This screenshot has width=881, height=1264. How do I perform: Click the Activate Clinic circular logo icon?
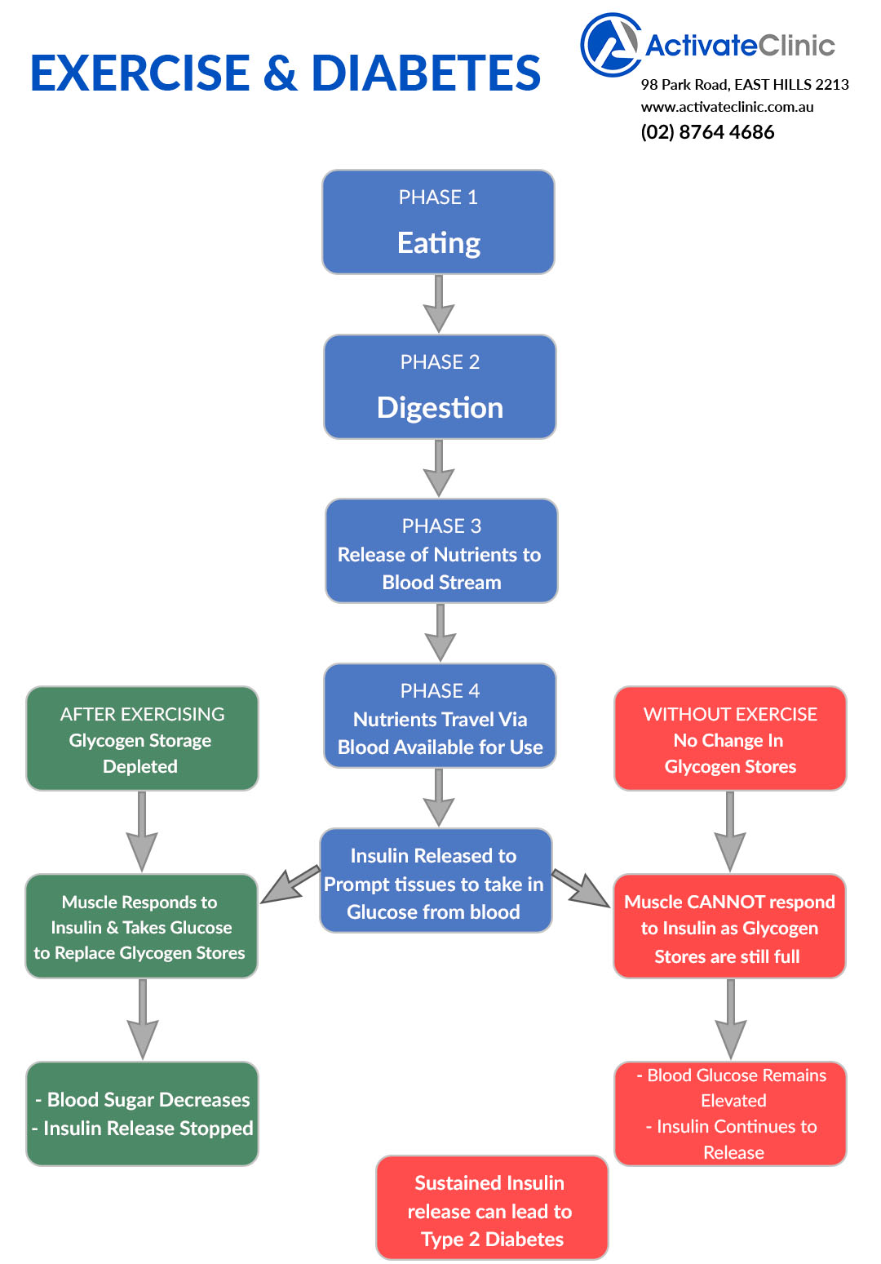(x=610, y=45)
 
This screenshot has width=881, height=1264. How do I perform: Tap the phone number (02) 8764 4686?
(x=707, y=132)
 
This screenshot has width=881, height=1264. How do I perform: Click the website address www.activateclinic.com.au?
(x=727, y=107)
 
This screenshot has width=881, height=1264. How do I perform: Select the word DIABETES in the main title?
(x=426, y=73)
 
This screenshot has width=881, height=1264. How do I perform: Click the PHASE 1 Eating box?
(x=438, y=222)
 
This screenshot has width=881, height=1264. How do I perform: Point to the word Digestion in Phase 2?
(x=440, y=408)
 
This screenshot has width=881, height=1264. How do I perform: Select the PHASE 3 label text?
(x=441, y=526)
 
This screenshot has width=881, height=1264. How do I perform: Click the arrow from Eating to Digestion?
(x=439, y=304)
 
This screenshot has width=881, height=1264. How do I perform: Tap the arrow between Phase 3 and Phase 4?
(x=440, y=633)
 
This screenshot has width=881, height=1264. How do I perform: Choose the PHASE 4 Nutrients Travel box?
(x=440, y=716)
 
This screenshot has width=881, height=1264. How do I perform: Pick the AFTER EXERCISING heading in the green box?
(x=142, y=715)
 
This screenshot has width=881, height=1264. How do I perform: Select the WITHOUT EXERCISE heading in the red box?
(x=730, y=715)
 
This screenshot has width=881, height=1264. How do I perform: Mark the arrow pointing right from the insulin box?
(x=581, y=889)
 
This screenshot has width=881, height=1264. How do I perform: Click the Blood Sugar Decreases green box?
(x=142, y=1114)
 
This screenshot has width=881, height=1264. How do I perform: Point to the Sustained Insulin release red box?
(x=492, y=1209)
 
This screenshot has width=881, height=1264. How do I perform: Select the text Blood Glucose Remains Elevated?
(x=735, y=1088)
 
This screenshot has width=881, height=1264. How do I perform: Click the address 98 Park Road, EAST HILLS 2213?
(x=745, y=85)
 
